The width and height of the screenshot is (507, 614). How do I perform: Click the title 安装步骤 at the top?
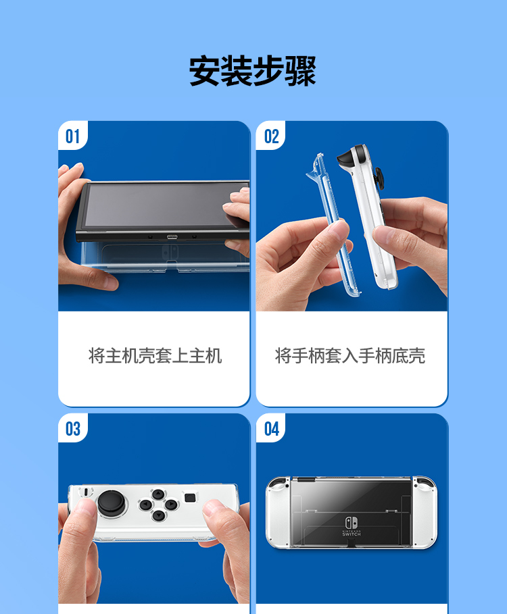pyautogui.click(x=253, y=72)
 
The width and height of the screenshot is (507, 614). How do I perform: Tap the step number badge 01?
pyautogui.click(x=72, y=137)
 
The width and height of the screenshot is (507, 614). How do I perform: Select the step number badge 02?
pyautogui.click(x=271, y=137)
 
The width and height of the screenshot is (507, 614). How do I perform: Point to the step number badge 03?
pyautogui.click(x=72, y=429)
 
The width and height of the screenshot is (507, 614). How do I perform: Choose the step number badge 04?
pyautogui.click(x=271, y=429)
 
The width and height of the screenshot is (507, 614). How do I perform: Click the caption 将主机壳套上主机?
pyautogui.click(x=155, y=356)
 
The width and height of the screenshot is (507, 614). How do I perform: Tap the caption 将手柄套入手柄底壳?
pyautogui.click(x=350, y=356)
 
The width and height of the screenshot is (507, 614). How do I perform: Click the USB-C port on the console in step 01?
pyautogui.click(x=170, y=237)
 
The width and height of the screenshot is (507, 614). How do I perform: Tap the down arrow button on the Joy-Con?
pyautogui.click(x=158, y=515)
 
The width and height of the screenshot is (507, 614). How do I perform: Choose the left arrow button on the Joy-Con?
pyautogui.click(x=145, y=505)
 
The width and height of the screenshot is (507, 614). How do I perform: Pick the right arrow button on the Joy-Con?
pyautogui.click(x=171, y=505)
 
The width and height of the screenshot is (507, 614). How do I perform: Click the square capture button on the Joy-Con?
pyautogui.click(x=191, y=498)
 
